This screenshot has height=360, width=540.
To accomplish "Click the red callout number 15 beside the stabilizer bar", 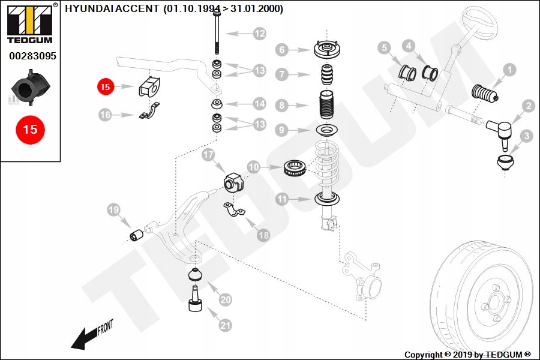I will [x=105, y=87].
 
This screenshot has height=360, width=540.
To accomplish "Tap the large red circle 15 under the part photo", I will [x=30, y=129].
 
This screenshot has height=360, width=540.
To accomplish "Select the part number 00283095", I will [x=32, y=56].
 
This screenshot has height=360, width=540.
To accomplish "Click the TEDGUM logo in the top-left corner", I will [x=29, y=24].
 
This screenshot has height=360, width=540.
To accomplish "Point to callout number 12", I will [x=259, y=34].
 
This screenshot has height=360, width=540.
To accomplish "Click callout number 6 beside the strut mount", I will [x=282, y=50].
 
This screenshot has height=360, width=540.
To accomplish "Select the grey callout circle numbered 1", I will [x=509, y=70].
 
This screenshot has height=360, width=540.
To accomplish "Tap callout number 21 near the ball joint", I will [x=225, y=326].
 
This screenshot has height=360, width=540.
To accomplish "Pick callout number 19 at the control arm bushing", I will [x=113, y=210].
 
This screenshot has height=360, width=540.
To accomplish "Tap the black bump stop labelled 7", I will [x=328, y=76].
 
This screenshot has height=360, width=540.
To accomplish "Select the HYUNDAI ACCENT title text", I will [x=174, y=9].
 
